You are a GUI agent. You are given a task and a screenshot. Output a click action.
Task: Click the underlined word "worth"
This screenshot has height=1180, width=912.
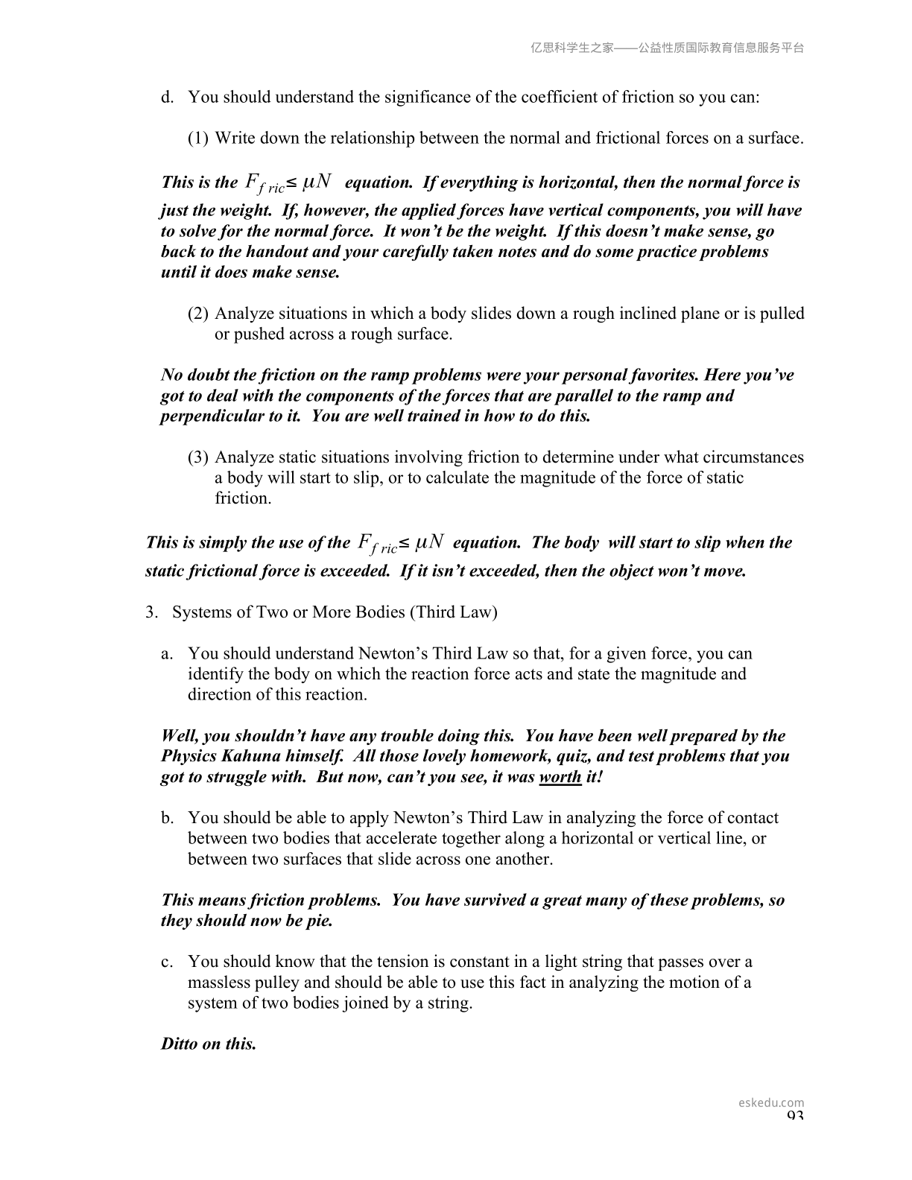point(560,777)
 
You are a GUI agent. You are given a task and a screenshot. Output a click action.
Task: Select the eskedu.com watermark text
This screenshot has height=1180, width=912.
point(771,1103)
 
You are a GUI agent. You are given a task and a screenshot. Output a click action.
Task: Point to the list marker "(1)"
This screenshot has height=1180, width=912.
point(198,139)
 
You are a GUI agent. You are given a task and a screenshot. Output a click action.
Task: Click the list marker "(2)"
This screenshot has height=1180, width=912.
point(198,314)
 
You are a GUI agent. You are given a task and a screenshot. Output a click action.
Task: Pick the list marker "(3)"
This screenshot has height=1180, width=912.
point(198,457)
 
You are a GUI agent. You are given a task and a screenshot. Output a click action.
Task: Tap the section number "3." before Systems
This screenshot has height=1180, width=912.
point(152,612)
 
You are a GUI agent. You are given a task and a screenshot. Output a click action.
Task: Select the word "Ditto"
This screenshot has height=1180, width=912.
point(181,1044)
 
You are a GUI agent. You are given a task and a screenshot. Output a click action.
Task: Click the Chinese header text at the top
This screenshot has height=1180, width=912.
point(667,48)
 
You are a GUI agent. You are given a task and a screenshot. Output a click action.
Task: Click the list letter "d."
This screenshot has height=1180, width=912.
point(168,98)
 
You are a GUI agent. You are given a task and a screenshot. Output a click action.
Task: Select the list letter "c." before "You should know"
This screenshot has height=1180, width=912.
point(168,962)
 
